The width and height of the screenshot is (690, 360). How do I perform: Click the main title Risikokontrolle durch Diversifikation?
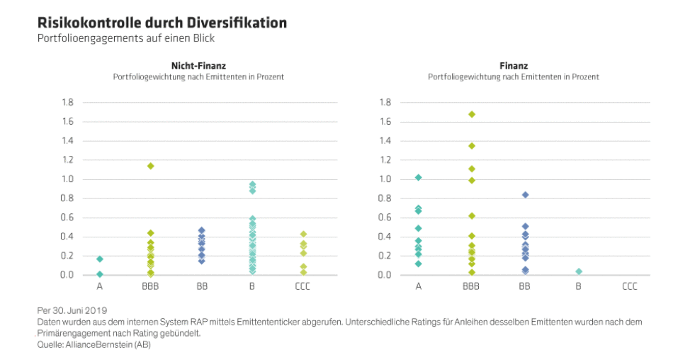pos(162,23)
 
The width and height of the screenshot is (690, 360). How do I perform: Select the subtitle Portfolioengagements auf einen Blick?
pos(125,38)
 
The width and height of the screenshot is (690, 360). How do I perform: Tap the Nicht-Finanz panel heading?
pos(198,65)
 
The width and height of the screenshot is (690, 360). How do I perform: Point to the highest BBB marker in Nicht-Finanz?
pos(150,166)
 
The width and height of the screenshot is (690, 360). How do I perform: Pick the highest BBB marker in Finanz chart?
pos(471,114)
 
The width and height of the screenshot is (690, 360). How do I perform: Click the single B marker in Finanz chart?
pos(578,271)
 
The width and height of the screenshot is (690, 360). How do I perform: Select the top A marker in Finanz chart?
pos(418,177)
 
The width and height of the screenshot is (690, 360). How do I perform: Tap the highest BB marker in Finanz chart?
pos(525,195)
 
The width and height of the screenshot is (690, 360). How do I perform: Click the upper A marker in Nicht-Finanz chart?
pos(100,259)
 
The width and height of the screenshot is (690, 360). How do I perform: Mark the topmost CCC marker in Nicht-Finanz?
pos(303,234)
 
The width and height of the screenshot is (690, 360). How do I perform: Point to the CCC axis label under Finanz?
pos(629,287)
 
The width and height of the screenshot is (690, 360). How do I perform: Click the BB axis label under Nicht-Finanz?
pos(202,287)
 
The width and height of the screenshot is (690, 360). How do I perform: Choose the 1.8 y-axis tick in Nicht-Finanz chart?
pos(67,103)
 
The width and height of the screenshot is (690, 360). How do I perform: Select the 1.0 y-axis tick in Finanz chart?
pos(385,179)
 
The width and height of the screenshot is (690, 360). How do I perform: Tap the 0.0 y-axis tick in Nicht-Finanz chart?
pos(67,275)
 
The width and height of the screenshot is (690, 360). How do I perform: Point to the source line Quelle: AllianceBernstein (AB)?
pos(94,345)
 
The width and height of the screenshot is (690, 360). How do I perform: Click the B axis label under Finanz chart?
pos(578,287)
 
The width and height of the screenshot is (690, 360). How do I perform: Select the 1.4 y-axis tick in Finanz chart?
pos(385,141)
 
